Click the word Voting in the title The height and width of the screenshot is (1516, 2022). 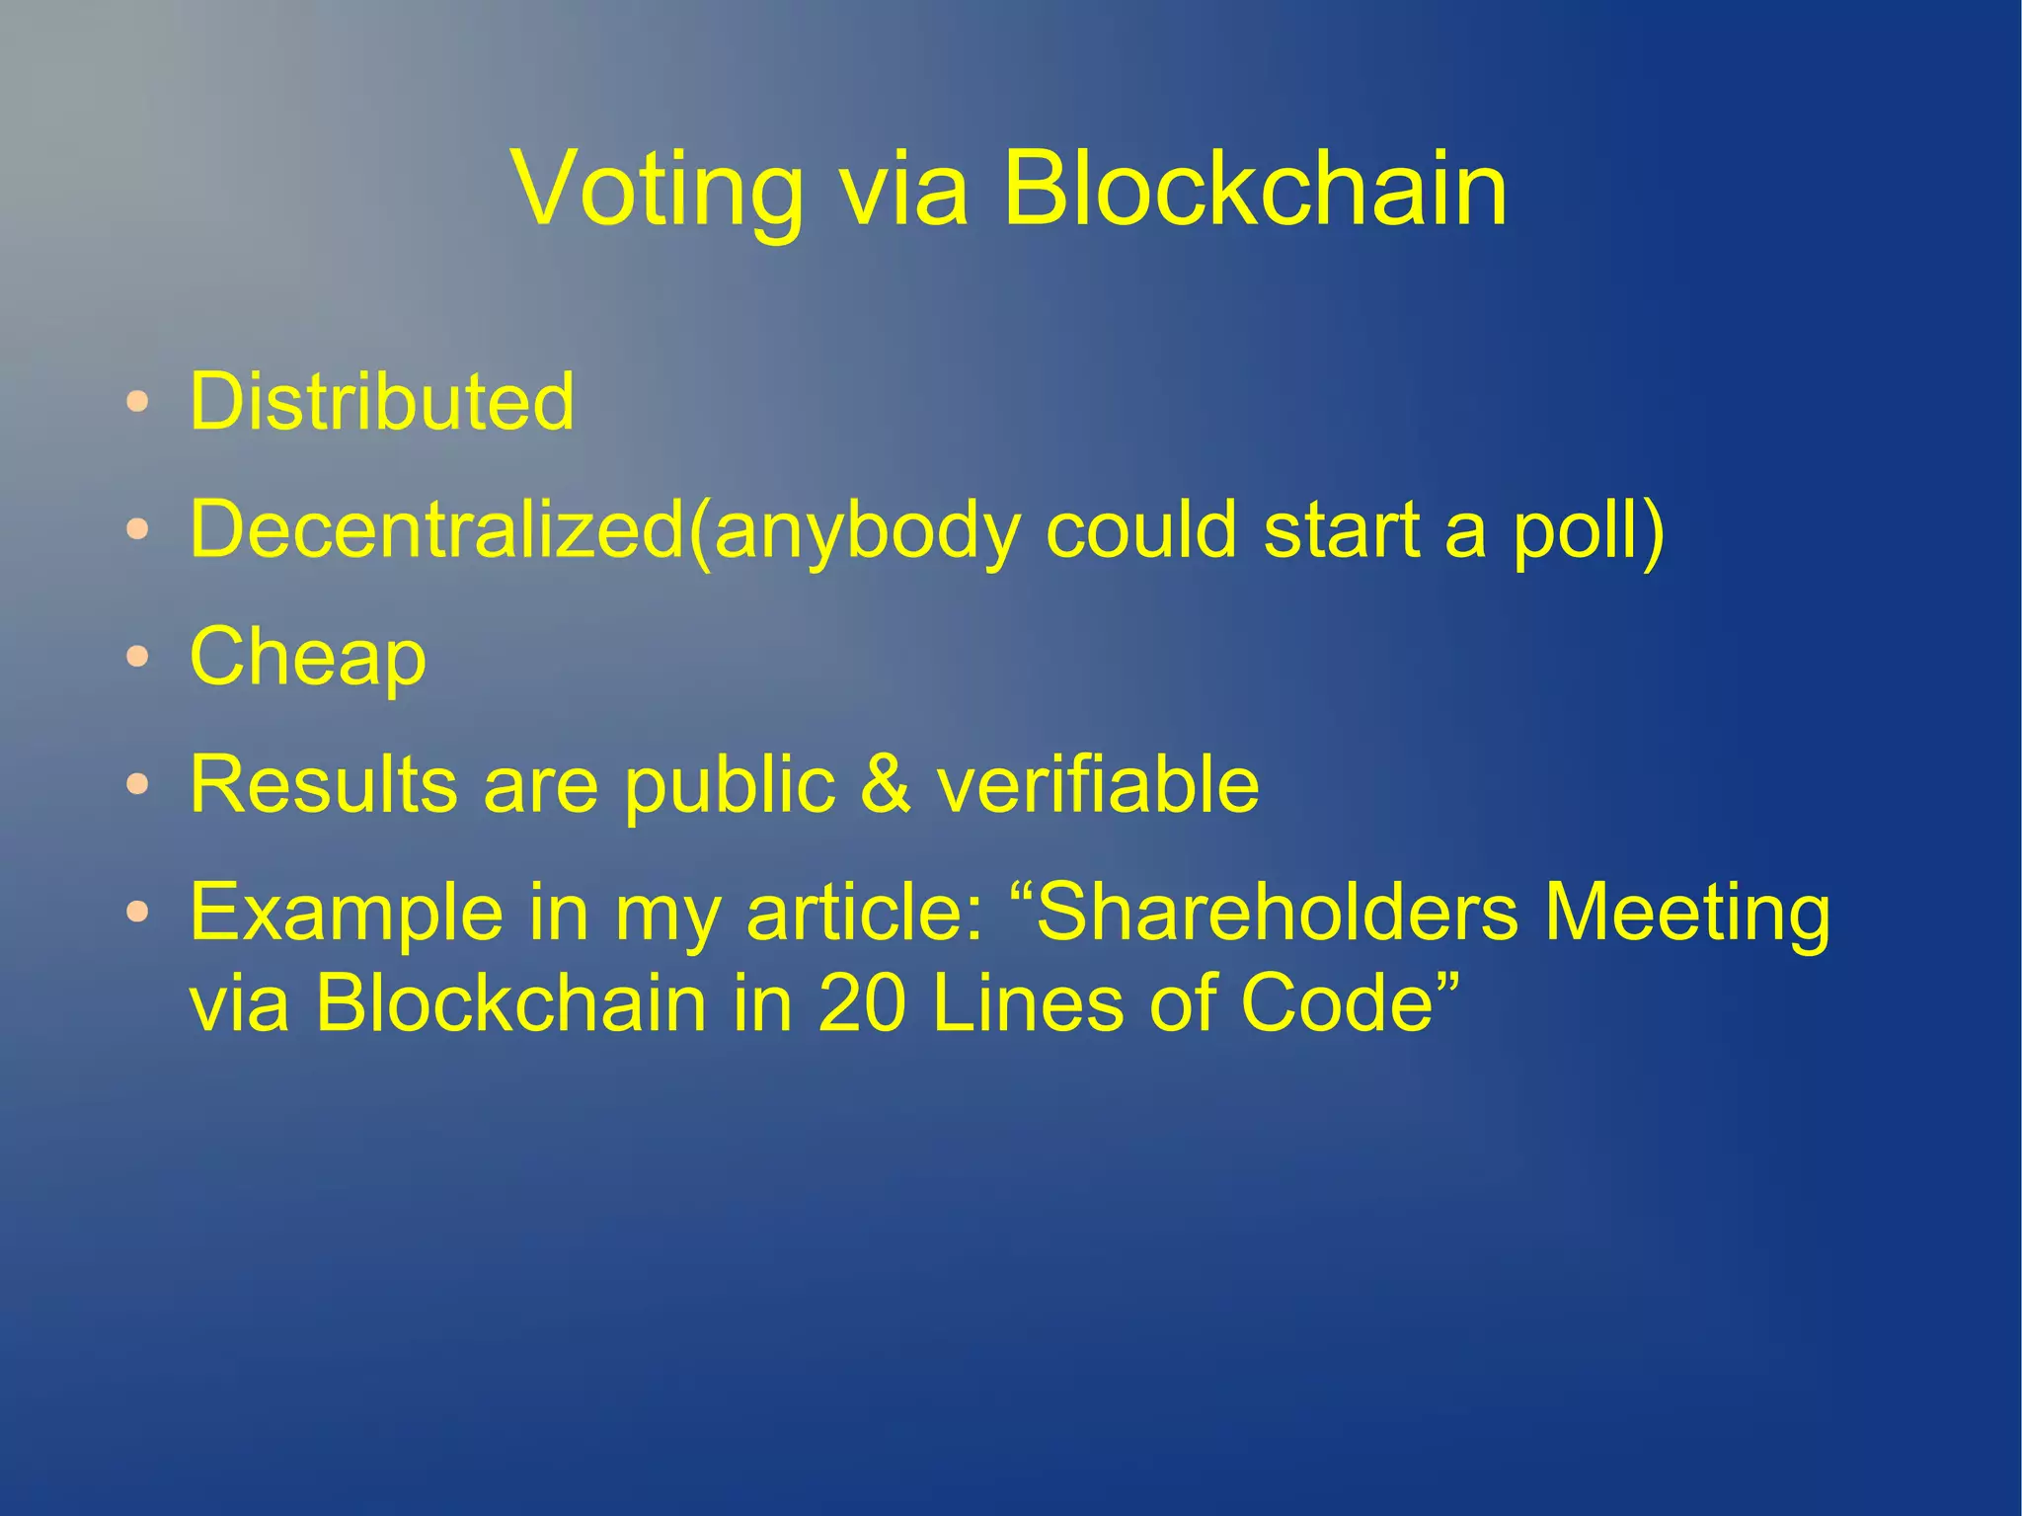(x=657, y=190)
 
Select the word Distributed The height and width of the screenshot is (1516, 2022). (x=382, y=402)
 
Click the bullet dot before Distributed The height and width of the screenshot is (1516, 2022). (x=138, y=402)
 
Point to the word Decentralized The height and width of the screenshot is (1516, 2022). (x=437, y=529)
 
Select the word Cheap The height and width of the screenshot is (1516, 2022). (x=308, y=659)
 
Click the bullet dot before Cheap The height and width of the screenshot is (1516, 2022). (x=138, y=657)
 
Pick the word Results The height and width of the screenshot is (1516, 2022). (x=324, y=784)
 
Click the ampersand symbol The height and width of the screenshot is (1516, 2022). (x=886, y=784)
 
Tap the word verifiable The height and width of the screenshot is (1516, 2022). (x=1097, y=784)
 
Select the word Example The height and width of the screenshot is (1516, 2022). (x=347, y=915)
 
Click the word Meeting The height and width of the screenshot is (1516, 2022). (x=1686, y=915)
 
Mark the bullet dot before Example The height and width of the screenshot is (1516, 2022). (x=138, y=912)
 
